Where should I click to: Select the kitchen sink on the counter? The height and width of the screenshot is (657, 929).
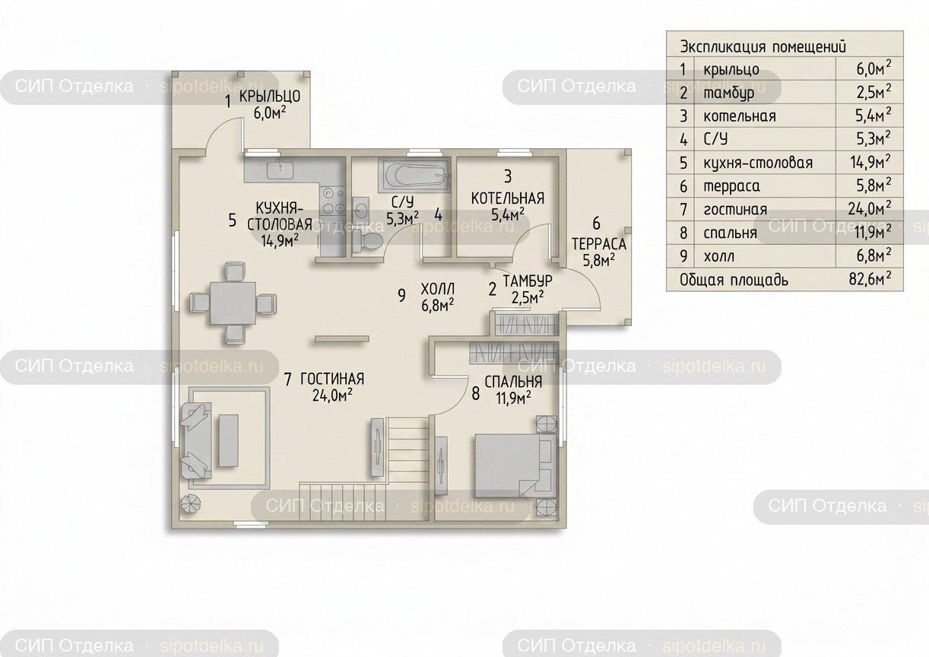click(x=280, y=170)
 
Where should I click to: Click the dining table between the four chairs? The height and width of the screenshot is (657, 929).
click(x=233, y=303)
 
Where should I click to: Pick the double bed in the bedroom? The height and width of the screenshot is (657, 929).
click(x=515, y=465)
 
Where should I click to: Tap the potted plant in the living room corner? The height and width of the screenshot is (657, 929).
click(x=191, y=505)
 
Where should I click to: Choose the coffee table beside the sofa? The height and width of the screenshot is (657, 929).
click(x=229, y=440)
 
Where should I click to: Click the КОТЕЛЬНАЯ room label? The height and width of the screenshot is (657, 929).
click(x=508, y=198)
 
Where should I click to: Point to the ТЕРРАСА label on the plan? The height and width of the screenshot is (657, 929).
click(x=599, y=244)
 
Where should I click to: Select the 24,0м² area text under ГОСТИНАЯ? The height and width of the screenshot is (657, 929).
click(x=332, y=395)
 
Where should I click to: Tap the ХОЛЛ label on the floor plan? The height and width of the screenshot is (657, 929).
click(x=438, y=288)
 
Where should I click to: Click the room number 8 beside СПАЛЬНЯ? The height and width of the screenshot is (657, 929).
click(x=476, y=393)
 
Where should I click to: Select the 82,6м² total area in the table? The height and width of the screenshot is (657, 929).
click(x=870, y=279)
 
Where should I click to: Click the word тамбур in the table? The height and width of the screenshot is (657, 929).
click(x=729, y=93)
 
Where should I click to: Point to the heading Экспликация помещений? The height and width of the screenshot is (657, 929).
click(x=763, y=46)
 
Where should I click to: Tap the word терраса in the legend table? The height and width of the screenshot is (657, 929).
click(x=731, y=186)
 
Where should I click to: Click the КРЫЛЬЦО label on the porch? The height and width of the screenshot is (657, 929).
click(x=270, y=97)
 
